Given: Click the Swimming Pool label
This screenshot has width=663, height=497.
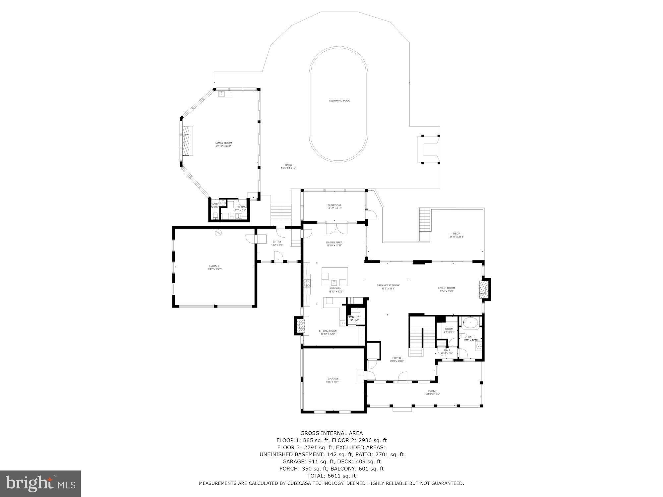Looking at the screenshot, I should tap(339, 101).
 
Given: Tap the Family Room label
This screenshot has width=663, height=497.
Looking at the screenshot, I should tap(223, 144).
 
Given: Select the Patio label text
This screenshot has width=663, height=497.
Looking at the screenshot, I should tap(288, 166).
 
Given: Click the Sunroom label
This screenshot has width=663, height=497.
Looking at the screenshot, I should tap(334, 207).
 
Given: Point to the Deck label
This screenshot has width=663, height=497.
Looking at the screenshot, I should tap(456, 235).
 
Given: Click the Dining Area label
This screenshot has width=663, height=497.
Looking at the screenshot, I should tap(334, 244).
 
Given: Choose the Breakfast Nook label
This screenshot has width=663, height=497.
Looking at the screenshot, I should tap(388, 287).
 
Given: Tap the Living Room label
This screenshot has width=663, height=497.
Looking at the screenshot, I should tap(447, 290).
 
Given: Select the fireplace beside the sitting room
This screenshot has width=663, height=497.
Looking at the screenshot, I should tap(300, 325).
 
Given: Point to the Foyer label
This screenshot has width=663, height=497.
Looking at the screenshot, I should tap(396, 359).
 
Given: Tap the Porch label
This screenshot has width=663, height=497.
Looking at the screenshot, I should tap(432, 392).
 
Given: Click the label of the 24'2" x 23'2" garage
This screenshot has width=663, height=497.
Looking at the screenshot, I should tap(214, 267).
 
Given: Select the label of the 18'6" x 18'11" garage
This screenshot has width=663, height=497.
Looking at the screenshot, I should tap(333, 380).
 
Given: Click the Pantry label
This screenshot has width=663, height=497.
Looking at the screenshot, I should tap(354, 318).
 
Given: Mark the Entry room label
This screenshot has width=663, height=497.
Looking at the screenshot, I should tap(277, 243).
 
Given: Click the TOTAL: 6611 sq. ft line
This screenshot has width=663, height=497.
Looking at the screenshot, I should tap(331, 476).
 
